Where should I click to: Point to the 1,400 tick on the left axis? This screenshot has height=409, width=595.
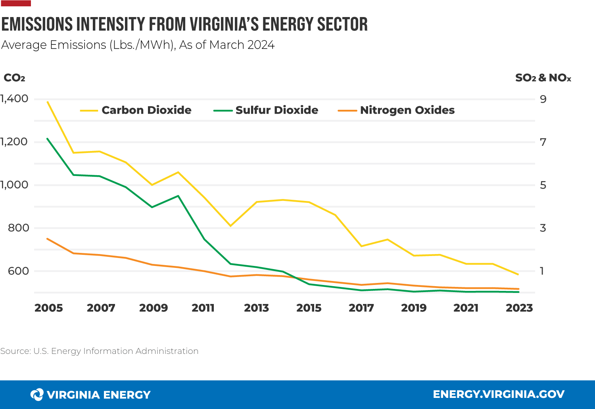tap(15, 99)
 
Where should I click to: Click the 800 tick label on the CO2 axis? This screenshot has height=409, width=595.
tap(18, 228)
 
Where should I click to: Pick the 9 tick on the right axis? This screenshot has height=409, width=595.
tap(543, 99)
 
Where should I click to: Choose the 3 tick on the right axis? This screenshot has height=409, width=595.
tap(543, 228)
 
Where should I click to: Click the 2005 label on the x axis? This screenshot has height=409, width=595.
tap(48, 308)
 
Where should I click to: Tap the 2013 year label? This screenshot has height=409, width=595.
tap(256, 308)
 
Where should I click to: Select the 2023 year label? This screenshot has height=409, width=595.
tap(519, 308)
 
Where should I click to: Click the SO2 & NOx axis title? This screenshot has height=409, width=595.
tap(543, 78)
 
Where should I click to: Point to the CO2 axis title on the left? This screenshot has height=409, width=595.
tap(14, 78)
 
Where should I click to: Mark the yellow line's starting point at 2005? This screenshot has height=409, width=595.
tap(48, 102)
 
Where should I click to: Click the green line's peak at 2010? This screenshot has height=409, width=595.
tap(178, 196)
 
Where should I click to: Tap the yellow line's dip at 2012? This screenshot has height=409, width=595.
tap(230, 226)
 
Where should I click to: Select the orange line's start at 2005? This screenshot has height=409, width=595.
tap(48, 239)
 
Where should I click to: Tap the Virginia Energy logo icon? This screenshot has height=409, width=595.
tap(37, 394)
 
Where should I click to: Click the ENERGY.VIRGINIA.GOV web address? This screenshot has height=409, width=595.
tap(499, 394)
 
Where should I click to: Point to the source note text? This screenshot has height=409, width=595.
tap(99, 351)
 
